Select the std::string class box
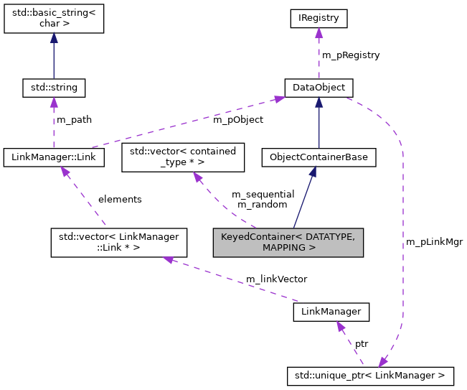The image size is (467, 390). coord(54,88)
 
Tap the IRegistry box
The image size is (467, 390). coord(319,17)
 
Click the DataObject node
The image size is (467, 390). coord(319,88)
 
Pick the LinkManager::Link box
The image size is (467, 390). coord(54,157)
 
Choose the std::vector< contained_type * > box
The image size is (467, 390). coord(183,157)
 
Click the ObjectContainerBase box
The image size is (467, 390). coord(319,157)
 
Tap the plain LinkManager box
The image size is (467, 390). coord(331,312)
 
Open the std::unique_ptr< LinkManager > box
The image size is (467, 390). coord(370,374)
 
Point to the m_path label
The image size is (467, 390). coord(74,119)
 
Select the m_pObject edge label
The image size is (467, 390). coord(237,119)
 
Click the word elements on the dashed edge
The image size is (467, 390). coord(120,199)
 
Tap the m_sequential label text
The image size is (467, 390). coord(263,194)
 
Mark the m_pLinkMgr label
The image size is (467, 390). coord(434,242)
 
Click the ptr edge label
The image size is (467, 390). coord(362,344)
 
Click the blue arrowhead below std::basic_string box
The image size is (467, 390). coord(54,40)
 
